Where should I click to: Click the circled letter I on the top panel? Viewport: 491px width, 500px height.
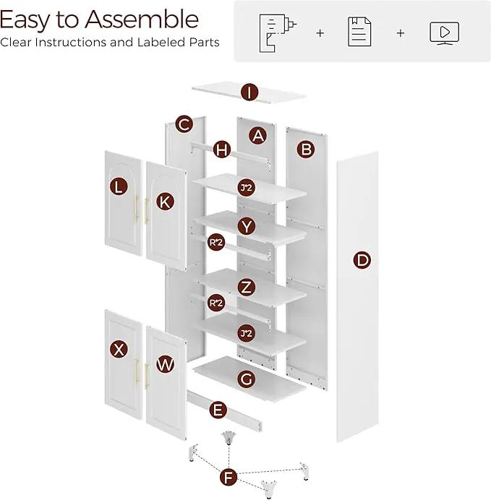(x=249, y=92)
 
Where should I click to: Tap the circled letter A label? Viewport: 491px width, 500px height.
(x=258, y=136)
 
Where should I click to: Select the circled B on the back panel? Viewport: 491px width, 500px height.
(x=306, y=150)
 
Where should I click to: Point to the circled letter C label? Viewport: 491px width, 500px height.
(x=184, y=124)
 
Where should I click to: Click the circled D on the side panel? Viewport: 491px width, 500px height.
(x=362, y=260)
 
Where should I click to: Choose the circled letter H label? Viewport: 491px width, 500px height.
(x=222, y=150)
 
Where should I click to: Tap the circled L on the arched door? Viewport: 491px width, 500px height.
(x=119, y=187)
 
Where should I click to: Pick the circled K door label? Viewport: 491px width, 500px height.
(x=165, y=202)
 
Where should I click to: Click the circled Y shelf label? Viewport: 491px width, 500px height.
(x=247, y=226)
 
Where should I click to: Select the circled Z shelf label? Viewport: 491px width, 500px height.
(x=247, y=288)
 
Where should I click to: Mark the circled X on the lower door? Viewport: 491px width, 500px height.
(x=119, y=349)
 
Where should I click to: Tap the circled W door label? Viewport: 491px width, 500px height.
(x=165, y=364)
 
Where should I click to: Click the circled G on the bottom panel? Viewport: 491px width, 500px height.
(x=247, y=379)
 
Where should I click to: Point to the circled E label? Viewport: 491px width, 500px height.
(x=218, y=410)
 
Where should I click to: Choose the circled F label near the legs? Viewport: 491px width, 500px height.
(x=229, y=478)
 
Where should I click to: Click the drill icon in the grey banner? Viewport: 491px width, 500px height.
(x=277, y=33)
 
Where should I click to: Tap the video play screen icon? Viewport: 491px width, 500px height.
(x=444, y=33)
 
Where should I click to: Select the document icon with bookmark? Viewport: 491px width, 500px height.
(x=359, y=32)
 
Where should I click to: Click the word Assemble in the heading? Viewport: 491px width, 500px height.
(x=142, y=20)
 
